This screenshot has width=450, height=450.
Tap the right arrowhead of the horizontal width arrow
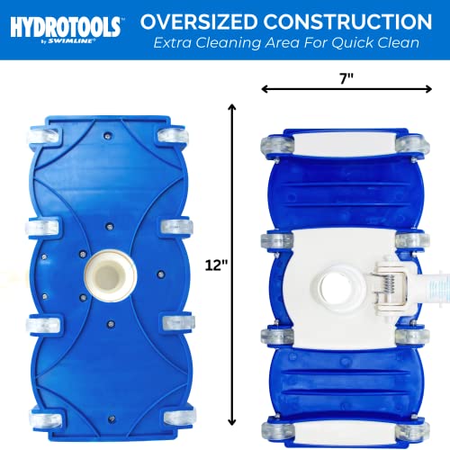click(x=427, y=89)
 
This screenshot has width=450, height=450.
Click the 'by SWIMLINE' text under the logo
click(x=66, y=40)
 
